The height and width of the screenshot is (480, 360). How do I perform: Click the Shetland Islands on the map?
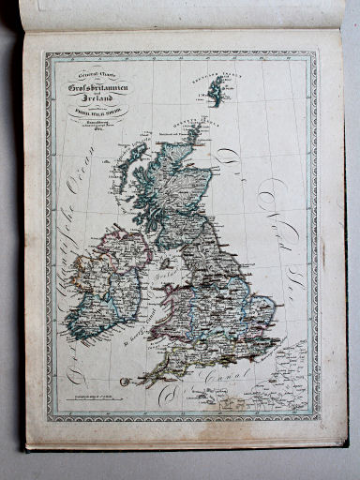[x=217, y=90]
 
